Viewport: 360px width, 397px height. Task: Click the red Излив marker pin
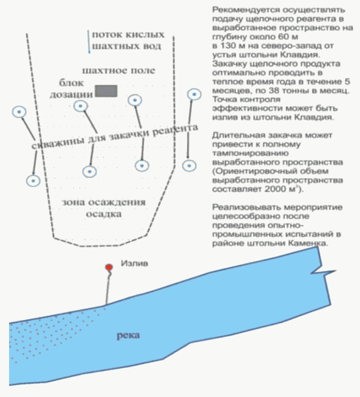tap(108, 268)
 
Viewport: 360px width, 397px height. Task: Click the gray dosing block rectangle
tap(106, 91)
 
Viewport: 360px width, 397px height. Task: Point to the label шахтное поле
tap(119, 71)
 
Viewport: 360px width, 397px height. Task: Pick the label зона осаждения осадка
tap(104, 208)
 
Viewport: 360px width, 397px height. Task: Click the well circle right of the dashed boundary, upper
tap(195, 94)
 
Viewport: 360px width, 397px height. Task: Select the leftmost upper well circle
tap(19, 112)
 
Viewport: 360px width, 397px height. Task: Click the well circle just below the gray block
tap(81, 106)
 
